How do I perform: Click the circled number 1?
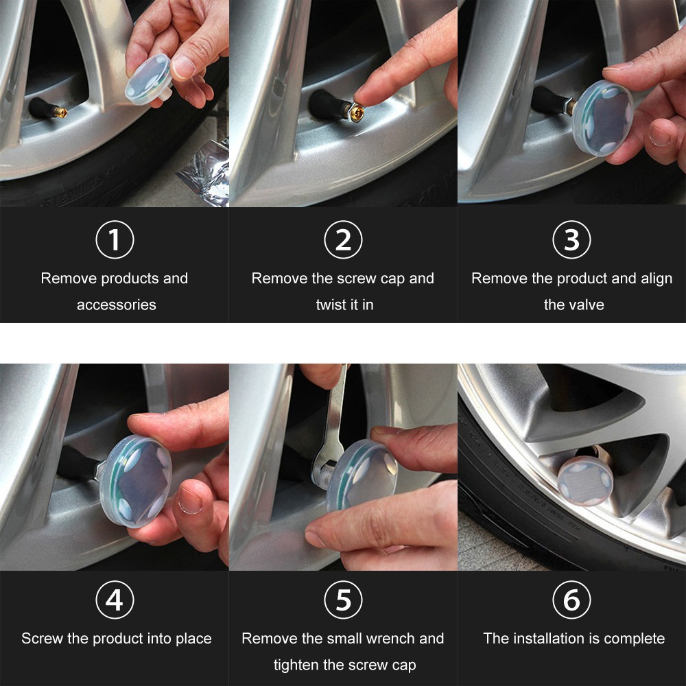[115, 239]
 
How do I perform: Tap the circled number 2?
[343, 239]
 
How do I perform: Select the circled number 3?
[571, 239]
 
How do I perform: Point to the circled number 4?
[115, 600]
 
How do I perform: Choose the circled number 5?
[343, 600]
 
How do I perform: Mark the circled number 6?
[571, 600]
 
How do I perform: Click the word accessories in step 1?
[117, 305]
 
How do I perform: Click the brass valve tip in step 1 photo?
[61, 113]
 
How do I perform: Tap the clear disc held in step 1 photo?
[148, 80]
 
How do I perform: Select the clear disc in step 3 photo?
[602, 118]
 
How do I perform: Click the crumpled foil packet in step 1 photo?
[204, 173]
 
